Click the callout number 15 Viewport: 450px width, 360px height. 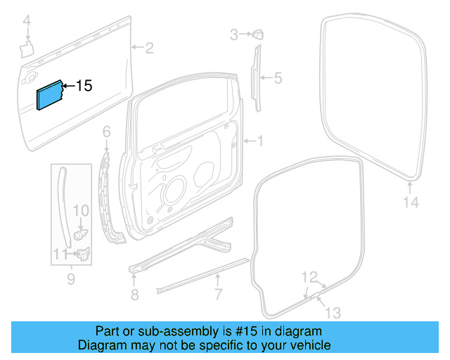pyautogui.click(x=84, y=86)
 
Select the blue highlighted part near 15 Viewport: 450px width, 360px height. pyautogui.click(x=49, y=95)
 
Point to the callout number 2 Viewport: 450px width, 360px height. pyautogui.click(x=149, y=48)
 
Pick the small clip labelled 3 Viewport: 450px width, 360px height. pyautogui.click(x=258, y=32)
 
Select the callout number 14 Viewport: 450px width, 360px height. pyautogui.click(x=411, y=202)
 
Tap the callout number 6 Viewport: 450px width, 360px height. pyautogui.click(x=107, y=131)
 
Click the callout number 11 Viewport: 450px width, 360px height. pyautogui.click(x=60, y=254)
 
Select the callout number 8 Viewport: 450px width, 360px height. pyautogui.click(x=134, y=292)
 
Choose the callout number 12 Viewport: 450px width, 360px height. pyautogui.click(x=310, y=276)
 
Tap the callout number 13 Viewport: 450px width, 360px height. pyautogui.click(x=332, y=311)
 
